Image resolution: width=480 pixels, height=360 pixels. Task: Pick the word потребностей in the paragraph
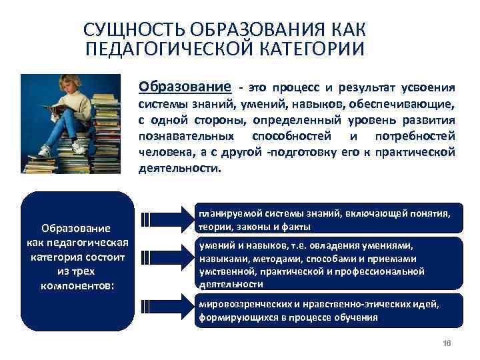419,136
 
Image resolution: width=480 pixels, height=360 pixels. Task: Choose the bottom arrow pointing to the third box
167,307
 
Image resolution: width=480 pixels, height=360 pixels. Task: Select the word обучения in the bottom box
357,317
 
